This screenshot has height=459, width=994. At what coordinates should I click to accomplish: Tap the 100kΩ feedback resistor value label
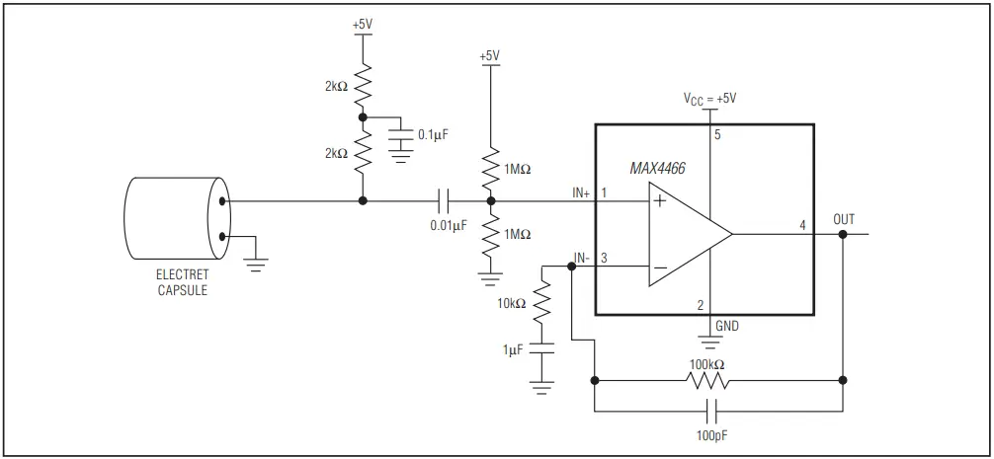[707, 364]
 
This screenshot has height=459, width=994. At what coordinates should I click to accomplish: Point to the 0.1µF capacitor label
[433, 133]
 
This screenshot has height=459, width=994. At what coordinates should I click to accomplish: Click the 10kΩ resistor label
[511, 304]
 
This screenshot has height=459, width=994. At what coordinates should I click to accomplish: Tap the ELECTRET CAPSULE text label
[182, 282]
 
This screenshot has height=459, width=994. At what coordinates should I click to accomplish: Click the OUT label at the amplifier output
[844, 218]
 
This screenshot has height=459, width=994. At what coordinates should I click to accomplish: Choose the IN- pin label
[582, 259]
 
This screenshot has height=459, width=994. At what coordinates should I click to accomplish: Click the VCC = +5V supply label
[710, 99]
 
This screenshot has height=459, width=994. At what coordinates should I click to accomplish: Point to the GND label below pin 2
[726, 325]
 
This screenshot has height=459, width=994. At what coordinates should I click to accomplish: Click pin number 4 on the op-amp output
[802, 226]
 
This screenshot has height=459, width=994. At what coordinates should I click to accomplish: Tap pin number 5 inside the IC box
[718, 136]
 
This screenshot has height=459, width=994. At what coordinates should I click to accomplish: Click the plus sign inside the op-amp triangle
[657, 202]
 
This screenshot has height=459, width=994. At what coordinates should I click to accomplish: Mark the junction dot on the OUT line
[842, 235]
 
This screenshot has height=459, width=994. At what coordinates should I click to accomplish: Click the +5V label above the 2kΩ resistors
[364, 22]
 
